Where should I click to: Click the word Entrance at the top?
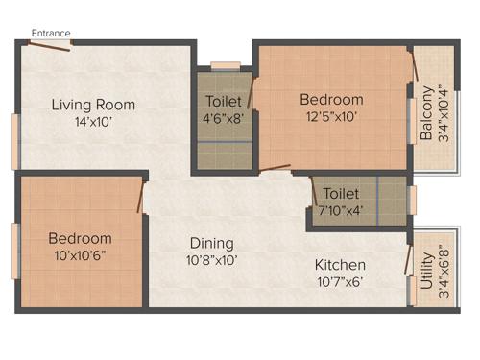coord(51,33)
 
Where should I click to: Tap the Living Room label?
coord(93,105)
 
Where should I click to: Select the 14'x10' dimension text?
coord(93,122)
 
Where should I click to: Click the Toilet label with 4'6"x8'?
coord(224,101)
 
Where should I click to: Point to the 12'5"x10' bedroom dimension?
coord(331,117)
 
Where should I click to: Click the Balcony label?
coord(426,114)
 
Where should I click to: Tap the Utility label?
coord(426,264)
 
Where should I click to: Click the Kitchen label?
coord(341,264)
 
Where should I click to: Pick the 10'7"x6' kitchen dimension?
coord(341,281)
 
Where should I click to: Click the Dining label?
coord(210,243)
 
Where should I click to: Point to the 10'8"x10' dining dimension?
coord(210,259)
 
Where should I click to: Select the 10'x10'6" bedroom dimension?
coord(81,254)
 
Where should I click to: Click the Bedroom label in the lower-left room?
coord(81,238)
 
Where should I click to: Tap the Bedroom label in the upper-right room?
coord(331,100)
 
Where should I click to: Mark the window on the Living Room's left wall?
coord(14,142)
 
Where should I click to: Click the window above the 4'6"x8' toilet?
coord(225,66)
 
